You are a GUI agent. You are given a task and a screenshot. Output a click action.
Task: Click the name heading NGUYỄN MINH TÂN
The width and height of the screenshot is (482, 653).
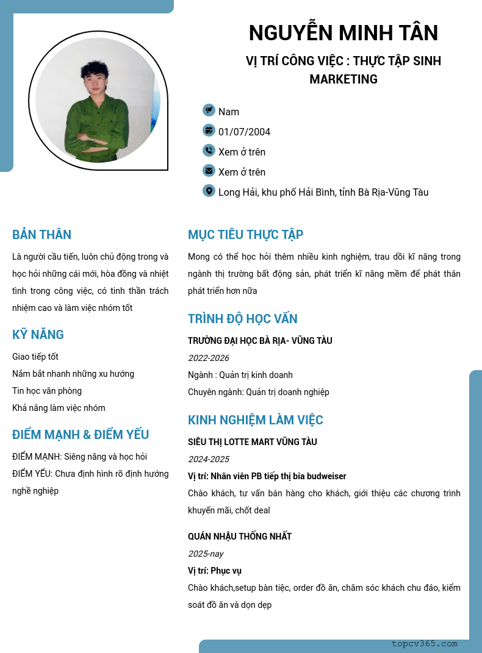point(344,33)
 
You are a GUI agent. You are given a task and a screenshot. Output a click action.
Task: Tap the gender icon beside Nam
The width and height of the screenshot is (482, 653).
point(209,110)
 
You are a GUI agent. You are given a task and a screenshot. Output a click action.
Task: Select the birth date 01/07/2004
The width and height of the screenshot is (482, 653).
point(244,132)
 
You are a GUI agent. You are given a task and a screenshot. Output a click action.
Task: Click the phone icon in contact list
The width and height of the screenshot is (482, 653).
point(209,151)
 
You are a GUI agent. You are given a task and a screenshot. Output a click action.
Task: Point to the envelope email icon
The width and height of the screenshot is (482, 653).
point(209,171)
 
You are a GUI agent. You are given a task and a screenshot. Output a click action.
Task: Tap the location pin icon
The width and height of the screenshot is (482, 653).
point(209,191)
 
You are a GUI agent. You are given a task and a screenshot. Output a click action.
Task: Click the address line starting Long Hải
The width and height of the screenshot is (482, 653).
point(323,192)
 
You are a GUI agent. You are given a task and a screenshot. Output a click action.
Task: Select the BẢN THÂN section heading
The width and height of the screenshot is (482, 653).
point(41,235)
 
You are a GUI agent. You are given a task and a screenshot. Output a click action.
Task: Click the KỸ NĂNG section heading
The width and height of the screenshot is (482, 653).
point(38,335)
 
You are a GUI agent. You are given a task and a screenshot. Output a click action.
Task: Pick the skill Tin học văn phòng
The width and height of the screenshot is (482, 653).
point(47,391)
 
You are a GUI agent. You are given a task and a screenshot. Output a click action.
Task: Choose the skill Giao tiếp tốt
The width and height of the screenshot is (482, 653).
point(35,357)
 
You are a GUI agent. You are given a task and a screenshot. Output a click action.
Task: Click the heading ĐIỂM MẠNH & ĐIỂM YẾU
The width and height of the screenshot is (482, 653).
point(81,435)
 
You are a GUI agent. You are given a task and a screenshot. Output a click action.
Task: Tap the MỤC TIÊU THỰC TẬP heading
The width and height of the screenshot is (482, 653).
point(245,235)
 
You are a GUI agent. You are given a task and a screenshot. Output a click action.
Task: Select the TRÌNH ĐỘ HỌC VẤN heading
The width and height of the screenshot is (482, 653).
point(242,319)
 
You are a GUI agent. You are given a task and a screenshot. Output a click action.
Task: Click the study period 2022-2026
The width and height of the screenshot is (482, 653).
point(209,358)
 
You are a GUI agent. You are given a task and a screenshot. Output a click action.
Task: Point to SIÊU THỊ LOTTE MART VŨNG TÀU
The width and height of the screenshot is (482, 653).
point(252,442)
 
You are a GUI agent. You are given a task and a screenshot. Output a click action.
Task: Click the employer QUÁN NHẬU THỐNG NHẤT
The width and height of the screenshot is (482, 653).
point(240,537)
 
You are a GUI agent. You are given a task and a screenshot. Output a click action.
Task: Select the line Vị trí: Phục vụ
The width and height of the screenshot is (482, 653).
point(215,571)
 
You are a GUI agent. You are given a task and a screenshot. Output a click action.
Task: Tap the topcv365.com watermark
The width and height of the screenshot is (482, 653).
point(425,643)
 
